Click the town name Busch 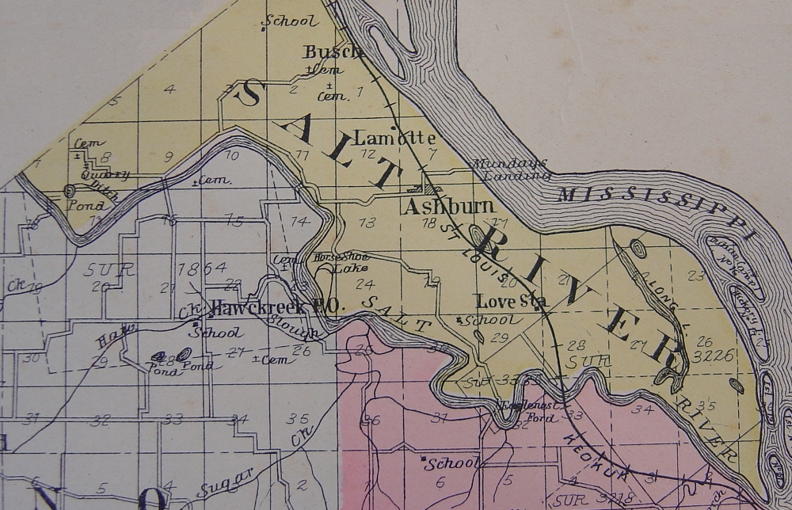(x=333, y=52)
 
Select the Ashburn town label (x=447, y=207)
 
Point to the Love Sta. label (x=512, y=301)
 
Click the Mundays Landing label (x=511, y=169)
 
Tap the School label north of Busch (x=291, y=21)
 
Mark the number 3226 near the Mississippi (x=714, y=356)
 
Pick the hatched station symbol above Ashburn (x=428, y=189)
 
